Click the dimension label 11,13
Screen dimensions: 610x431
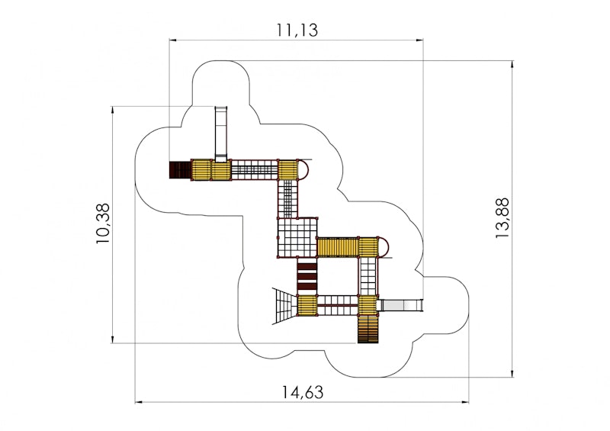pyautogui.click(x=297, y=30)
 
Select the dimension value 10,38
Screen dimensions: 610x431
pyautogui.click(x=104, y=224)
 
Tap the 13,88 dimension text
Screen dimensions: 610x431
pyautogui.click(x=502, y=218)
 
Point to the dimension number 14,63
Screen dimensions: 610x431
pyautogui.click(x=302, y=392)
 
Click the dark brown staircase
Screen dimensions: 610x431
pyautogui.click(x=181, y=170)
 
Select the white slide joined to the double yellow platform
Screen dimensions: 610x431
pyautogui.click(x=221, y=134)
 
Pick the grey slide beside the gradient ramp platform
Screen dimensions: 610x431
pyautogui.click(x=400, y=305)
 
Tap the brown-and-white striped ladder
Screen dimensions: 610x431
pyautogui.click(x=307, y=276)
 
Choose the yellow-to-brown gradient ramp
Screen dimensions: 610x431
pyautogui.click(x=368, y=330)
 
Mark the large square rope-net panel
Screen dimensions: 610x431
pyautogui.click(x=297, y=237)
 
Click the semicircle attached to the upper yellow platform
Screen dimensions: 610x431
pyautogui.click(x=303, y=170)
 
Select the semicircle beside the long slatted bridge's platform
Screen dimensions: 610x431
pyautogui.click(x=384, y=247)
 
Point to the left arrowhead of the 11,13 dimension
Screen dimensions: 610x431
pyautogui.click(x=173, y=40)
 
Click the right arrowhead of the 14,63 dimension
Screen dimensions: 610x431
pyautogui.click(x=465, y=402)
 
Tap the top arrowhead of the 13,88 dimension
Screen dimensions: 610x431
pyautogui.click(x=512, y=65)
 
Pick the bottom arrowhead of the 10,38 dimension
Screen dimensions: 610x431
pyautogui.click(x=113, y=339)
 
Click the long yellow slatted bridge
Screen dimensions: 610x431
pyautogui.click(x=338, y=247)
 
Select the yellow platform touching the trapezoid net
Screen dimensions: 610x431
pyautogui.click(x=307, y=306)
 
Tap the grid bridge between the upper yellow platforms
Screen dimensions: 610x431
pyautogui.click(x=255, y=170)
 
